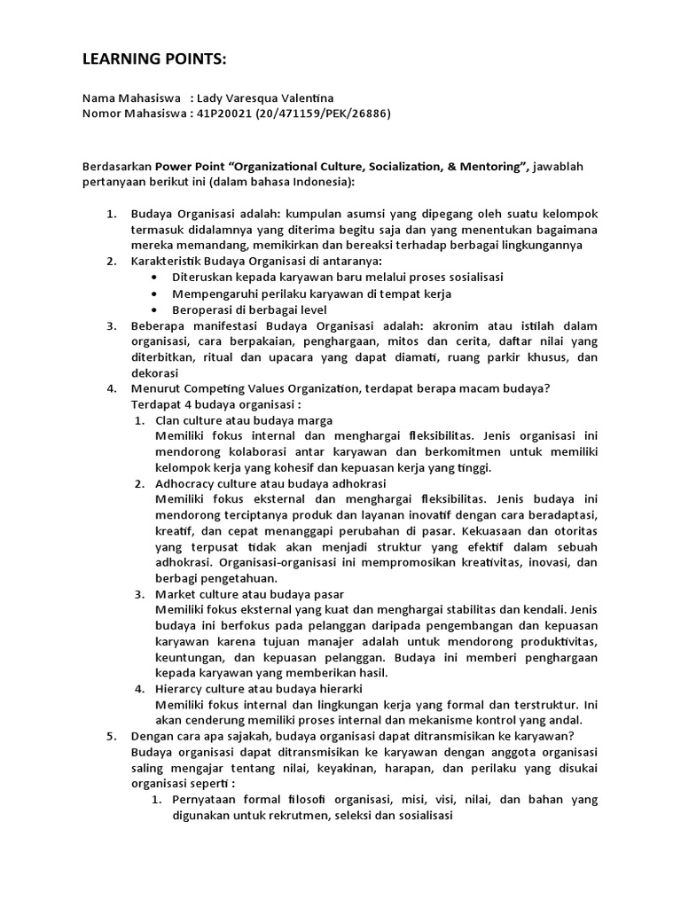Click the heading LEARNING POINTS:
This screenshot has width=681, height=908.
click(x=153, y=59)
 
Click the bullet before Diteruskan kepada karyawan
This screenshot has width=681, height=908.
click(x=157, y=277)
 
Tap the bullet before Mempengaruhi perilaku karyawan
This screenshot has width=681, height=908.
click(x=157, y=293)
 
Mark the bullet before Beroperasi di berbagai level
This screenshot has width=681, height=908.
click(x=157, y=309)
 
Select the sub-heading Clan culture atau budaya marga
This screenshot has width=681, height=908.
click(x=244, y=420)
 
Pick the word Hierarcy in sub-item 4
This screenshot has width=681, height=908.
click(x=181, y=688)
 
